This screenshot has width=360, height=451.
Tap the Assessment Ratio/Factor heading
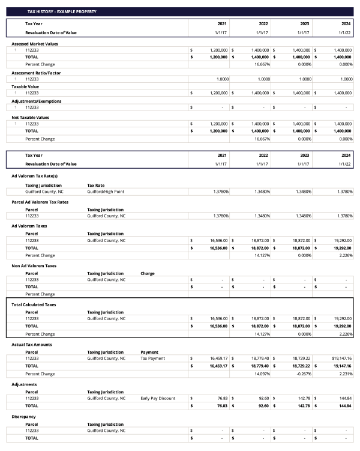tap(36, 73)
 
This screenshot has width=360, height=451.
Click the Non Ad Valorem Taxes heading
tap(35, 265)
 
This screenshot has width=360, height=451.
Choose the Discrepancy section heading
tap(24, 416)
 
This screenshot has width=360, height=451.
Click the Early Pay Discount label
tap(157, 398)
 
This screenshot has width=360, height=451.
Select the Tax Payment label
tap(152, 358)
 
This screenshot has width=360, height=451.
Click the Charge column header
tap(148, 273)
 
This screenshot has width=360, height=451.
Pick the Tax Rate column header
tap(97, 185)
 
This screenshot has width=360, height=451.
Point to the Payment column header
tap(150, 352)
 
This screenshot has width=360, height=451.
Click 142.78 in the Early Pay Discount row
tap(302, 398)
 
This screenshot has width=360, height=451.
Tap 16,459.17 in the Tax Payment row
tap(216, 358)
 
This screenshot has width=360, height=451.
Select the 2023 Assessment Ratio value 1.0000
tap(301, 79)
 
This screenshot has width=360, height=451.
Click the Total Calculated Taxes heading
tap(35, 304)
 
